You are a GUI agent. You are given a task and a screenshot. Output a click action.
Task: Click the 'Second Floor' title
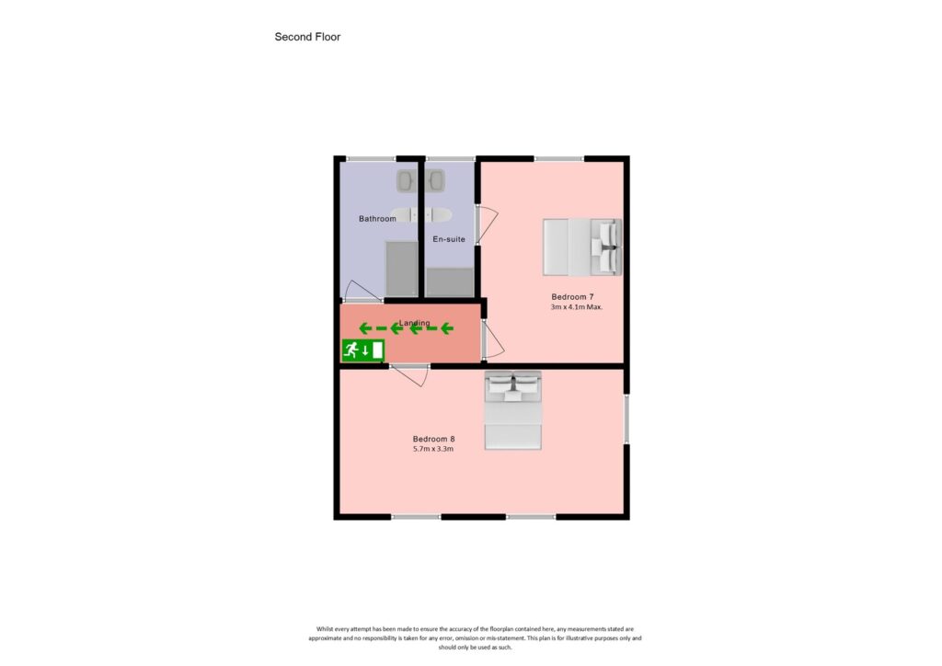pos(307,37)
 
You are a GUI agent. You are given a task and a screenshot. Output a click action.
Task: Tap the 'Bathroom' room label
pos(377,219)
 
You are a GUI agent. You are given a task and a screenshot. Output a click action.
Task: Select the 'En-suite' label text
pos(449,239)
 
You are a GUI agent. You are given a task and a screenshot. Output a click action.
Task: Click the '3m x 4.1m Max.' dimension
pos(576,307)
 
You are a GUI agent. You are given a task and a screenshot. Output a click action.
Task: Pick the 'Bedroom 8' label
pos(433,439)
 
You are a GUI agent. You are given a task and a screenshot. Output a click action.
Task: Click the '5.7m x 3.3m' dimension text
pos(433,449)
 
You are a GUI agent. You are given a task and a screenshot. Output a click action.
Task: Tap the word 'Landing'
pos(414,323)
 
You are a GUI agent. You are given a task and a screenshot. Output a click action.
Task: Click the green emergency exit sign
pos(362,350)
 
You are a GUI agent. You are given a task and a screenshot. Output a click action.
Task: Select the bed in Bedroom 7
pos(581,247)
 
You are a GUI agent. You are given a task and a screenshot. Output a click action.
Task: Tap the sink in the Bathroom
pos(406,180)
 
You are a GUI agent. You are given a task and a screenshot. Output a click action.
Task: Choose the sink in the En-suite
pos(435,180)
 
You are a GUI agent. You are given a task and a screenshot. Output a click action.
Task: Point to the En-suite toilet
pos(439,215)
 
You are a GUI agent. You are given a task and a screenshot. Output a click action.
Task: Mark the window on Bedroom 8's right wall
pos(626,419)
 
